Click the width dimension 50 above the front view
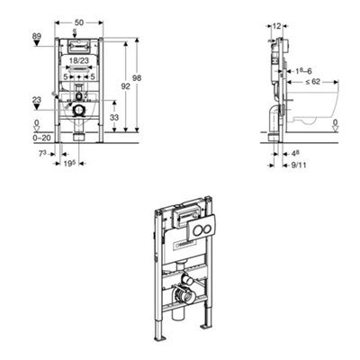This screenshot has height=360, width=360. tap(79, 20)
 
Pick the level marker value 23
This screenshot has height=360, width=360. tap(11, 101)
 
